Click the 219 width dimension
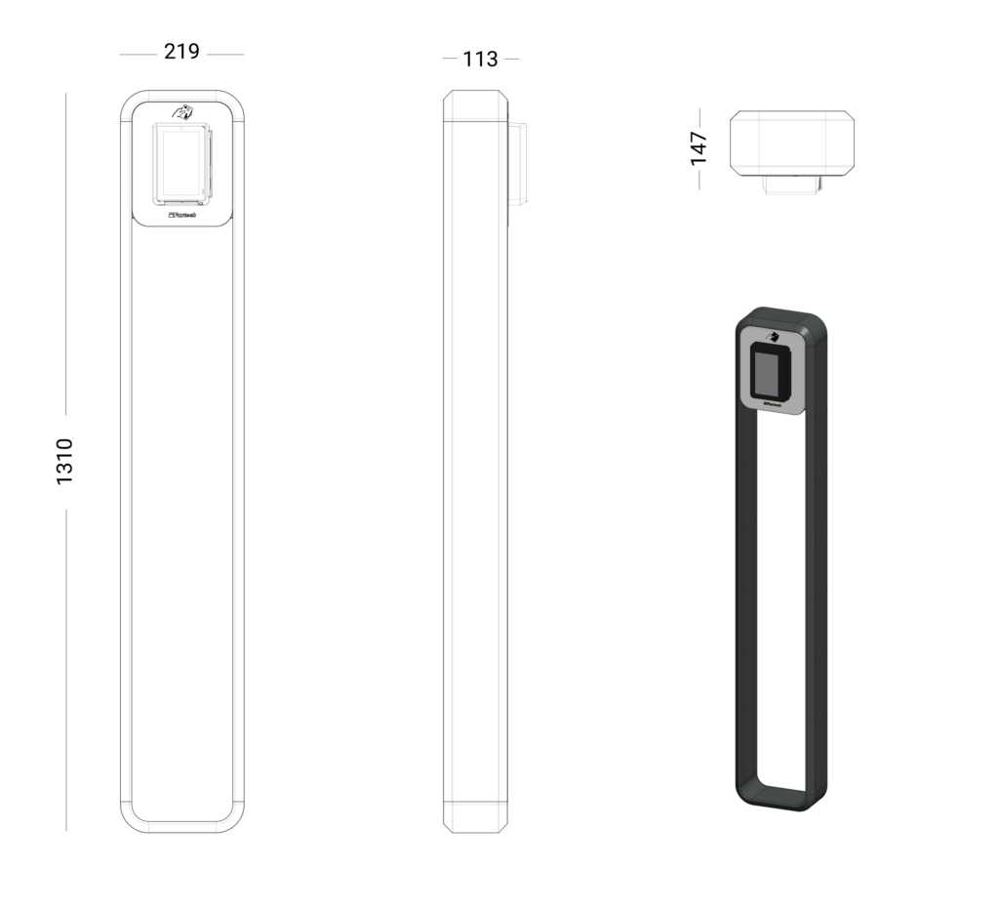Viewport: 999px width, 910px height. click(x=181, y=52)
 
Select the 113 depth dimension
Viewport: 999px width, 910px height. click(x=480, y=60)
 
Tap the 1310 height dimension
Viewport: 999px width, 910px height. click(x=64, y=462)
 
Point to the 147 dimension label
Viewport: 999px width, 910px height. click(x=699, y=148)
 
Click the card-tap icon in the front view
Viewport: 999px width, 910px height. click(x=182, y=111)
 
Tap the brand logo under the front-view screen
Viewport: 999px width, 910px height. click(x=182, y=215)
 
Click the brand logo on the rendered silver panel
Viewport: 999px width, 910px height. click(x=775, y=402)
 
